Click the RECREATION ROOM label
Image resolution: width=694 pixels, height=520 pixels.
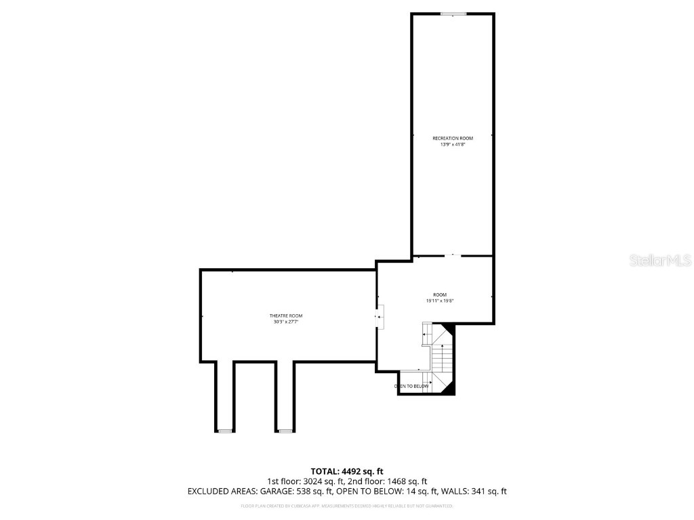point(453,138)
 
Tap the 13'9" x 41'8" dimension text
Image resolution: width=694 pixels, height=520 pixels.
point(453,144)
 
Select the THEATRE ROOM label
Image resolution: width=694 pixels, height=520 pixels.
point(286,316)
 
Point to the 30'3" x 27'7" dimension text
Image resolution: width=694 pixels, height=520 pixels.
point(286,322)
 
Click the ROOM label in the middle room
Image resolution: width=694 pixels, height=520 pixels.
point(440,295)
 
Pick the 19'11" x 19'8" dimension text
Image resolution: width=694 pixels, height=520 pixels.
point(440,301)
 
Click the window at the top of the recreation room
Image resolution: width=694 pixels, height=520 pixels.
point(453,14)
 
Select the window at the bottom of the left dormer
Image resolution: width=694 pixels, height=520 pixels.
point(225,431)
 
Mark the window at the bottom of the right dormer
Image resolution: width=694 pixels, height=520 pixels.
point(285,431)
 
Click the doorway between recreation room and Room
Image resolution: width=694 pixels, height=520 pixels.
point(453,256)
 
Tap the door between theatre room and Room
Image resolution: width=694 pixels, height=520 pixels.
point(380,316)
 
